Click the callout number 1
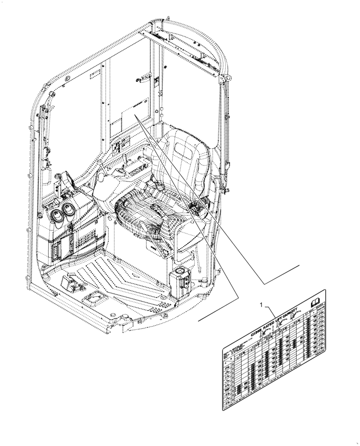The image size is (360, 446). [261, 305]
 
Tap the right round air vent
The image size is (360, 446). [68, 208]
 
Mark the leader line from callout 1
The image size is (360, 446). [273, 313]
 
